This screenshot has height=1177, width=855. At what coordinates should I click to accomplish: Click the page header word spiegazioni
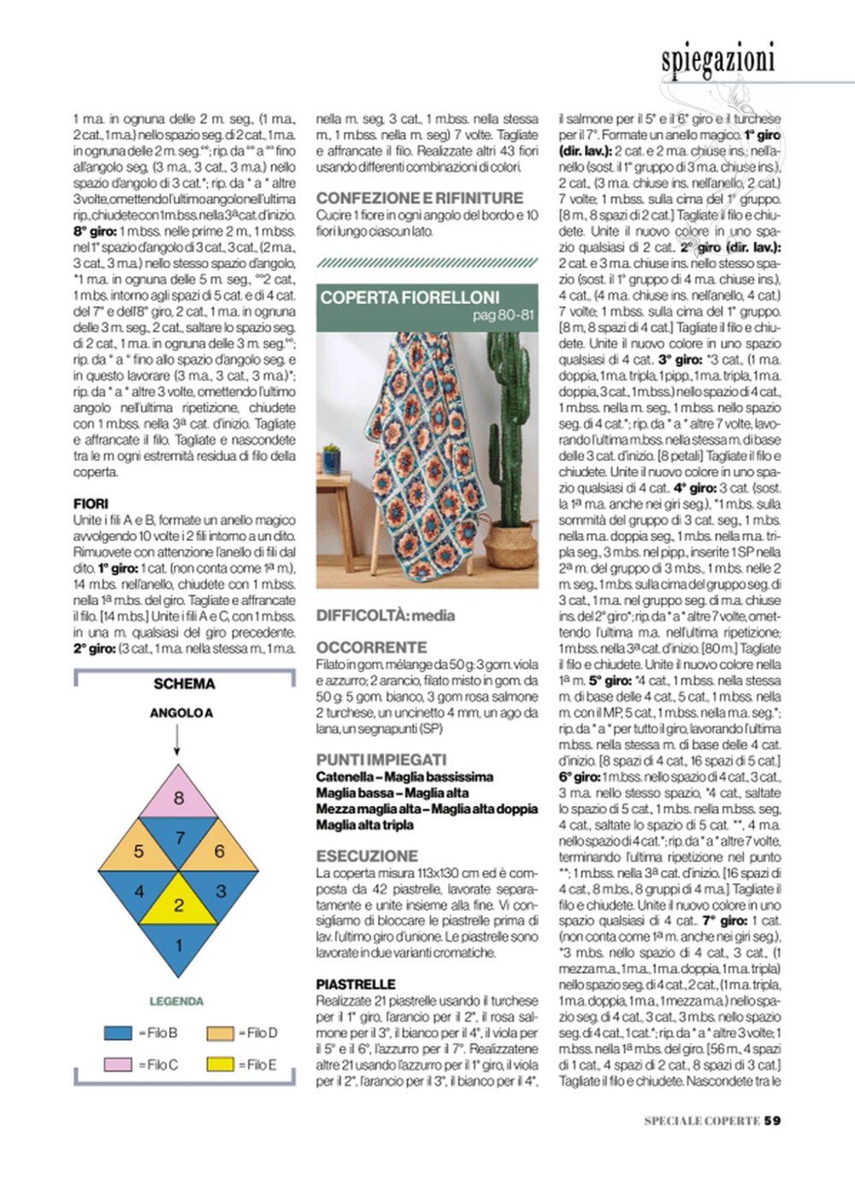[x=717, y=59]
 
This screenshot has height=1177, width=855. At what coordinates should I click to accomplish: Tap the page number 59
[x=772, y=1121]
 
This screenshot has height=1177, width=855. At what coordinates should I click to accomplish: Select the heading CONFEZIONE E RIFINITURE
[x=419, y=197]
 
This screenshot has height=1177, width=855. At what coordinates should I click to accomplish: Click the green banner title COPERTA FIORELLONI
[x=410, y=298]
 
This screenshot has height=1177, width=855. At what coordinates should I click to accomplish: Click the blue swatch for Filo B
[x=118, y=1033]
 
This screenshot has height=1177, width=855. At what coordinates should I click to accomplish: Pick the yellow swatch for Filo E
[x=220, y=1064]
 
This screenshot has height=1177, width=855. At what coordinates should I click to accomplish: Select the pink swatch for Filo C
[x=118, y=1064]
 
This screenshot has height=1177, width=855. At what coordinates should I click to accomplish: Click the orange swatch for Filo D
[x=220, y=1033]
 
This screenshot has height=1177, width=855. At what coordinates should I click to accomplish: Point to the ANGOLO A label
[x=180, y=712]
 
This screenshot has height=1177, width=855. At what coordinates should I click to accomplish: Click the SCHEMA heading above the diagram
[x=184, y=684]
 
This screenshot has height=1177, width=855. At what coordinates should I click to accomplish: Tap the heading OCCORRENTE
[x=371, y=648]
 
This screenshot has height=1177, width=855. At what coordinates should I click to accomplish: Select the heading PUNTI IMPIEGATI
[x=380, y=759]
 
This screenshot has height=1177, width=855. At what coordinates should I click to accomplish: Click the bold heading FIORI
[x=91, y=503]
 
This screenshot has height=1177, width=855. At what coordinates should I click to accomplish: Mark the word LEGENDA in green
[x=176, y=1001]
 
